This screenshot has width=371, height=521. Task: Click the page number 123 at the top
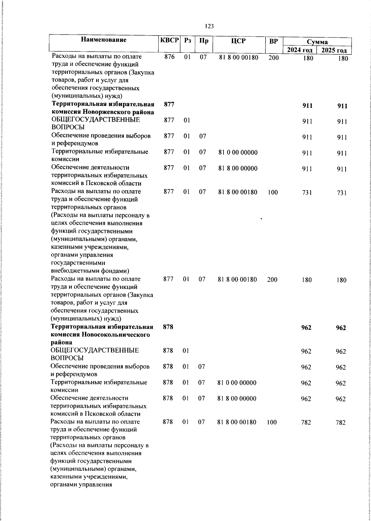point(209,26)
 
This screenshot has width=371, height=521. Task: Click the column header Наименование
point(104,40)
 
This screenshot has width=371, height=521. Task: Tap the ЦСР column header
point(238,40)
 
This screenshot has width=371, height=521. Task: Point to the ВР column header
point(273,40)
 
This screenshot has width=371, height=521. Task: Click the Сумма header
point(317,42)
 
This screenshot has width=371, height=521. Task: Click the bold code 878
point(168,327)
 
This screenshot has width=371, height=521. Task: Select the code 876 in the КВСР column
point(169,57)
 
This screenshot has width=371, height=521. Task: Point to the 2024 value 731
point(307,193)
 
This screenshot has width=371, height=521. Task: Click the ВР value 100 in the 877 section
point(273,193)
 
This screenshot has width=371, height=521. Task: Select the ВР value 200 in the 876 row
point(274,57)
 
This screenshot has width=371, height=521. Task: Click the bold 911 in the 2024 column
point(307,106)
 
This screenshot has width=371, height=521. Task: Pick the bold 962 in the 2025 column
point(341,328)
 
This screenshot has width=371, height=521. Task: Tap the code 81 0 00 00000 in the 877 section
point(238,153)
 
